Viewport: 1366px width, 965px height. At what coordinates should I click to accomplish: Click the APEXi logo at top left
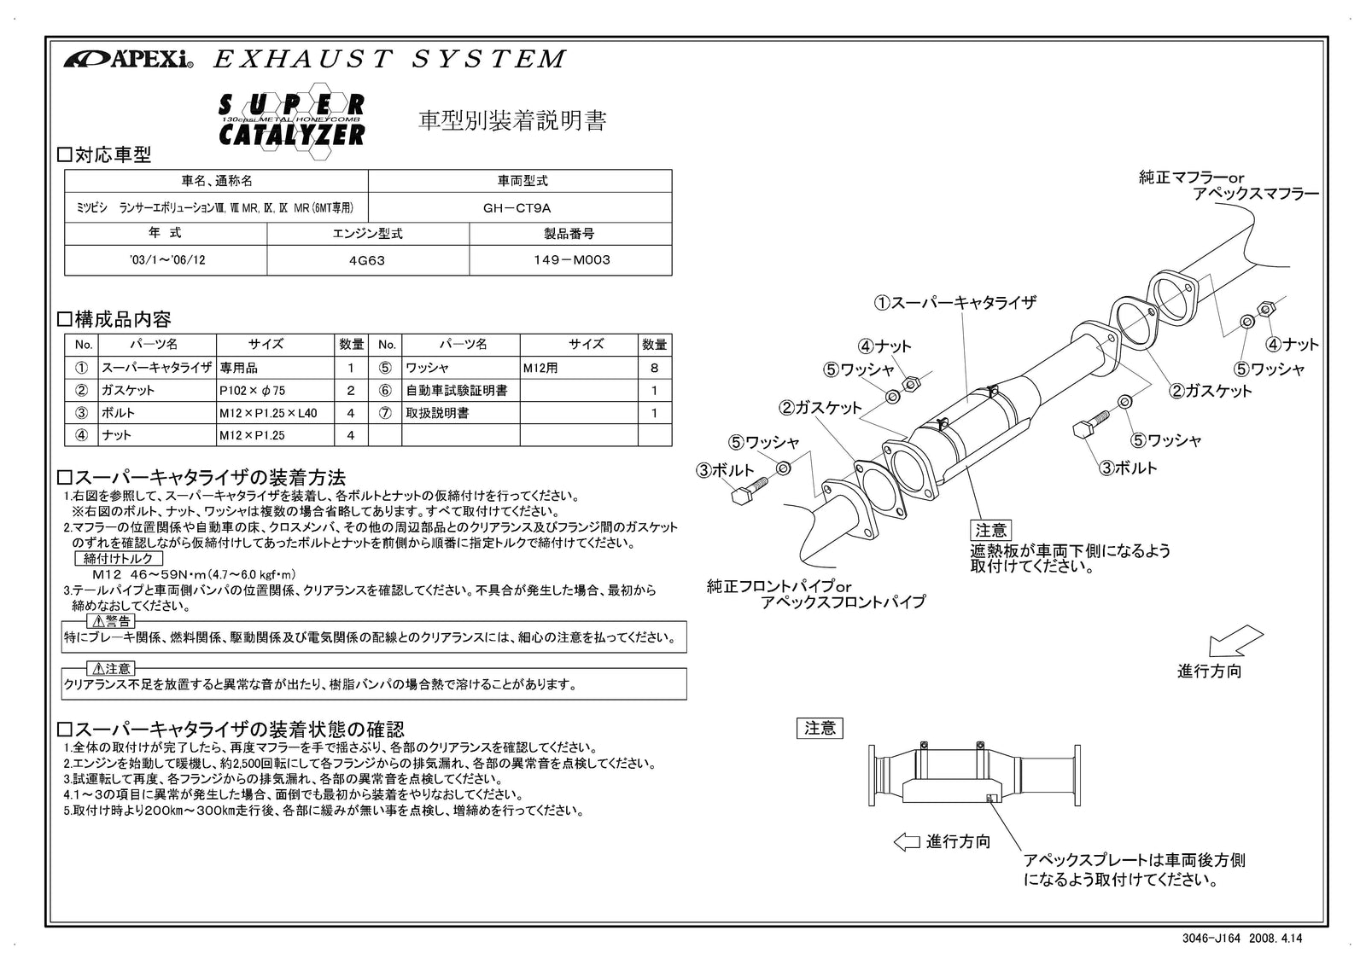point(128,60)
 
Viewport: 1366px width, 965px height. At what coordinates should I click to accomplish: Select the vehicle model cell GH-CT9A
point(519,207)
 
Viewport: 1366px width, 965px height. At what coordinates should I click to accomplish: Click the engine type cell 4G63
point(367,260)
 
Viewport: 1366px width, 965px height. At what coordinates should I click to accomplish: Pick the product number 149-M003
point(570,260)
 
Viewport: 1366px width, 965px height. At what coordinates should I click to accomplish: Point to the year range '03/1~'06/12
point(166,260)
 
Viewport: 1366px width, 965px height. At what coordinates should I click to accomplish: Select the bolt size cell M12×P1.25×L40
point(267,413)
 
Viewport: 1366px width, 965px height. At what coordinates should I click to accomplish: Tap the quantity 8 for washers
point(655,368)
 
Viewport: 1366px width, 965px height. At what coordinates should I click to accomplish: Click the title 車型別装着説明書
point(512,121)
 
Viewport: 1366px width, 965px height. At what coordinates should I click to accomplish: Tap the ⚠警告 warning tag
point(111,621)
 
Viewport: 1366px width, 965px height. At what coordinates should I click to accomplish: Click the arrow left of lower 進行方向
point(906,842)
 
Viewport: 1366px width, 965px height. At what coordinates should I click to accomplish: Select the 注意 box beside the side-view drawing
point(820,728)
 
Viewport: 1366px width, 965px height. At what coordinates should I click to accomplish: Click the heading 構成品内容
point(114,320)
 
